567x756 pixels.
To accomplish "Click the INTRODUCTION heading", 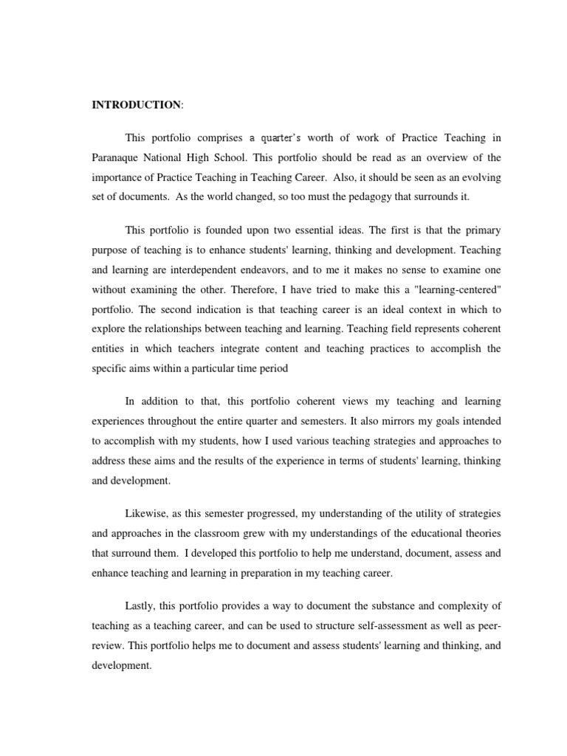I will pos(136,105).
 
